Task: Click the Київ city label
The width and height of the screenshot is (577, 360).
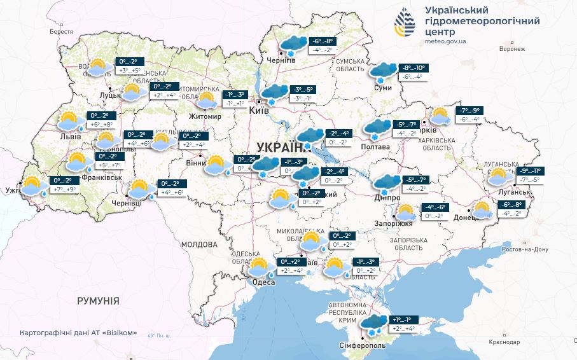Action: [x=258, y=111]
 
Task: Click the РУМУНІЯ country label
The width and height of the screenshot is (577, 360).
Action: [x=99, y=300]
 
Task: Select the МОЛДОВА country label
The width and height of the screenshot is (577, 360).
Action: [x=199, y=244]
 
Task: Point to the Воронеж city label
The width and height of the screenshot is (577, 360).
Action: [x=512, y=49]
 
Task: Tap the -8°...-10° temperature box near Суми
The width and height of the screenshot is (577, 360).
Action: [x=412, y=68]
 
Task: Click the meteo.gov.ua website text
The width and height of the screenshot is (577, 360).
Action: [x=445, y=41]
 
